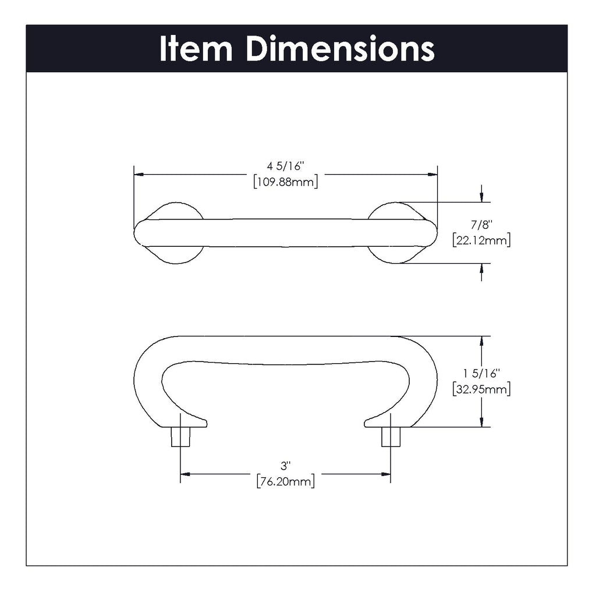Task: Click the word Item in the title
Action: pyautogui.click(x=196, y=49)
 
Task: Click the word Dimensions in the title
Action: pyautogui.click(x=340, y=49)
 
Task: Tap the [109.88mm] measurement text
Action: pyautogui.click(x=285, y=182)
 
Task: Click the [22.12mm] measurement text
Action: pyautogui.click(x=481, y=240)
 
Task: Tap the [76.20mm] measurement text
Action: pyautogui.click(x=285, y=481)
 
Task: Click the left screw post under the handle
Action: pyautogui.click(x=180, y=437)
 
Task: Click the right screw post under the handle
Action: pyautogui.click(x=391, y=437)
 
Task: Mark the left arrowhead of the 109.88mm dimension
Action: pyautogui.click(x=139, y=174)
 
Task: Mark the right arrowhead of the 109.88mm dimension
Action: pyautogui.click(x=432, y=174)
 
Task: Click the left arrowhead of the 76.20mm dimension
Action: pyautogui.click(x=185, y=474)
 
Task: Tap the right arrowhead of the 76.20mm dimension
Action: pyautogui.click(x=386, y=474)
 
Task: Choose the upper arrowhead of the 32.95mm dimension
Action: pyautogui.click(x=481, y=341)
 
